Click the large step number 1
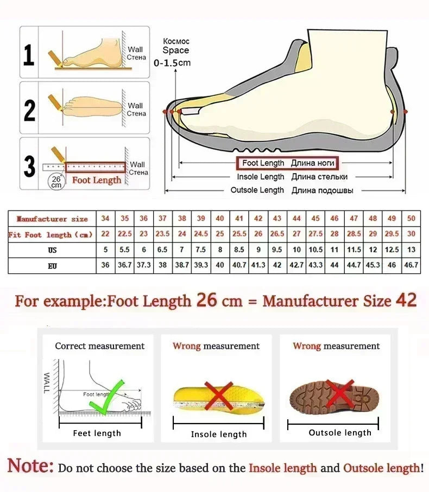tap(29, 55)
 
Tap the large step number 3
tap(29, 166)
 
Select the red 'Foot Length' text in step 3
tap(97, 180)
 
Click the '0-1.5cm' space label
tap(172, 63)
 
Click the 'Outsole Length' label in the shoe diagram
tap(257, 190)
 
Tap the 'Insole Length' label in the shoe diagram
tap(260, 177)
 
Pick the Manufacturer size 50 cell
tap(411, 219)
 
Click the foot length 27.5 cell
tap(316, 234)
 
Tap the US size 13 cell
tap(411, 250)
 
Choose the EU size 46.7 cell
tap(411, 265)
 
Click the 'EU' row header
tap(52, 265)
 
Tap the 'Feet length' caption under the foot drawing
tap(97, 433)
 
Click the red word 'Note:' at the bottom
tap(30, 466)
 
